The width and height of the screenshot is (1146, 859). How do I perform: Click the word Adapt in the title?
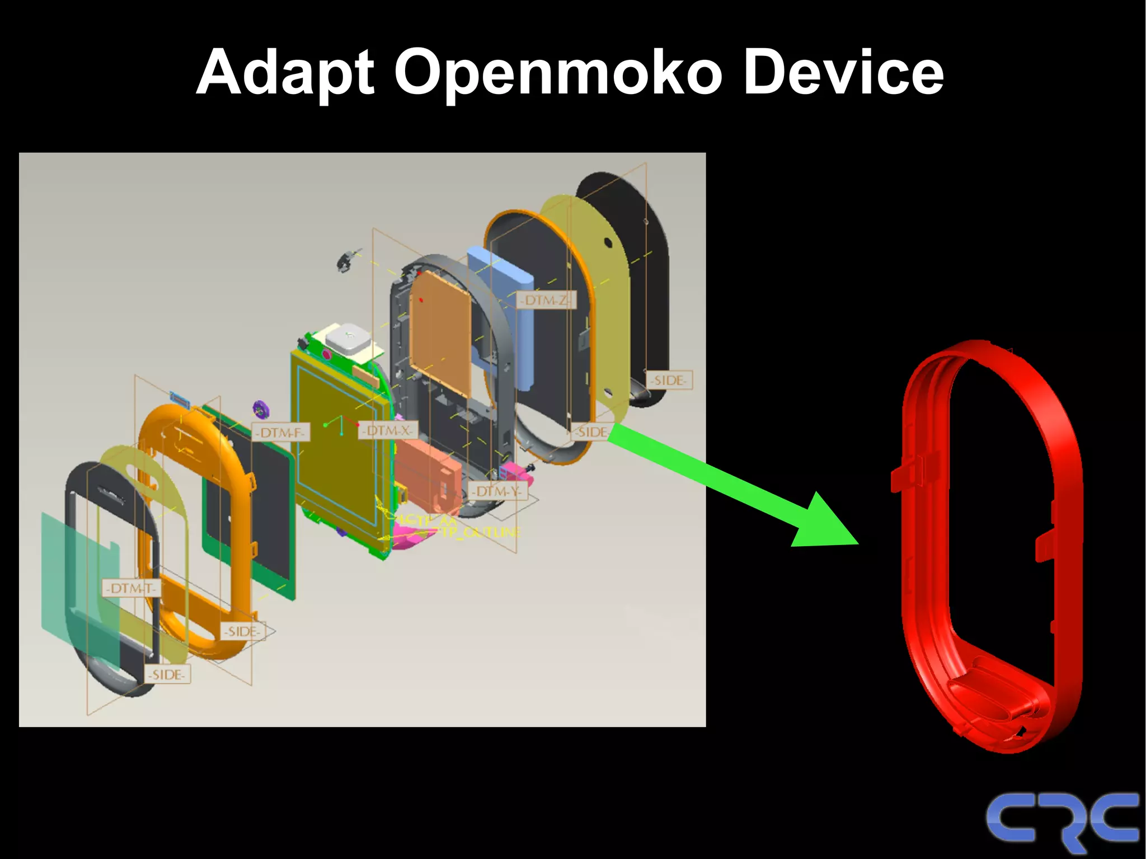click(x=285, y=73)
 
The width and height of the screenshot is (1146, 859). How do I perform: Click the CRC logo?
click(x=1062, y=820)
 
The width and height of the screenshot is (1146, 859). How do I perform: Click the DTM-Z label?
click(x=545, y=301)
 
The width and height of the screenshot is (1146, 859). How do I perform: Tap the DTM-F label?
click(x=280, y=433)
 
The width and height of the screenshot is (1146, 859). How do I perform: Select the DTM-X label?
click(x=388, y=430)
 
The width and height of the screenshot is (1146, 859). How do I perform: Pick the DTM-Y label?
click(x=497, y=491)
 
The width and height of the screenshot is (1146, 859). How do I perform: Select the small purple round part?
click(x=261, y=410)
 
